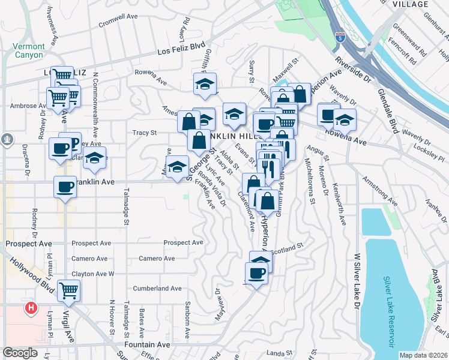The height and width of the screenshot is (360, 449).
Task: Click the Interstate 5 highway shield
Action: [x=340, y=37]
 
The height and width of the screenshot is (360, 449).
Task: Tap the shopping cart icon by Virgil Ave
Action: [x=69, y=290]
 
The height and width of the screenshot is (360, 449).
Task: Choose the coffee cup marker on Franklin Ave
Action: [x=65, y=187]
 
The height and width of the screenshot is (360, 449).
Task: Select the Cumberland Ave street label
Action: [x=157, y=288]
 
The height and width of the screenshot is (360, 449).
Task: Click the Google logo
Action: [x=20, y=353]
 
